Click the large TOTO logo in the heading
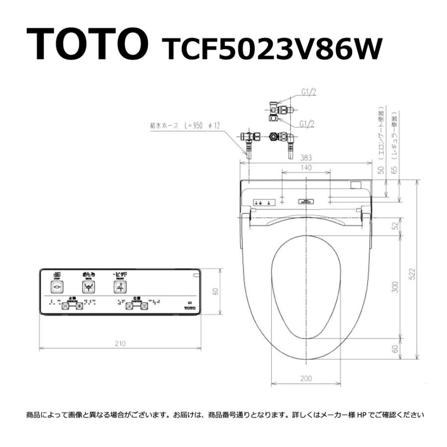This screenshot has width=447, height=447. point(86,44)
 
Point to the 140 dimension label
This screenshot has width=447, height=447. point(306,168)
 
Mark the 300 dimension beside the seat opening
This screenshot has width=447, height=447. point(395,287)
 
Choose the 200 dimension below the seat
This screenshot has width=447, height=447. point(306,378)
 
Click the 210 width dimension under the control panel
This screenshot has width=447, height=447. point(120,343)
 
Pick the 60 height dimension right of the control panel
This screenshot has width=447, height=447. point(216,292)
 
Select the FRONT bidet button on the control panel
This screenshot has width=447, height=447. point(121,287)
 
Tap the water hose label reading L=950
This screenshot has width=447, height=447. point(185,126)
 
